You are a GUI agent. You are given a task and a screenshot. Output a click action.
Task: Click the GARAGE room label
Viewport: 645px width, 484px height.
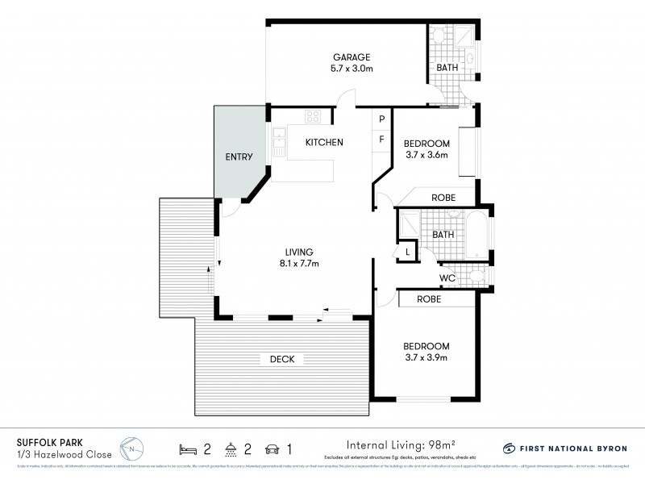click(352, 57)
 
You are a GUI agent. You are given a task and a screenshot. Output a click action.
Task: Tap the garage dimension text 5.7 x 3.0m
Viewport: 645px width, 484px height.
click(352, 69)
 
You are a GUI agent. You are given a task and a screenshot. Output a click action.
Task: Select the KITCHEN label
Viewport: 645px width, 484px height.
click(324, 143)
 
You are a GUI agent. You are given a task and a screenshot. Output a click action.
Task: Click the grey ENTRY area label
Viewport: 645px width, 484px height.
click(239, 157)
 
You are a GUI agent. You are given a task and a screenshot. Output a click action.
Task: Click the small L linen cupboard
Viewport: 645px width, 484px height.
click(408, 252)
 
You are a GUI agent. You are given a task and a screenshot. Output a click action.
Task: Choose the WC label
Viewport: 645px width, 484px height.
click(448, 279)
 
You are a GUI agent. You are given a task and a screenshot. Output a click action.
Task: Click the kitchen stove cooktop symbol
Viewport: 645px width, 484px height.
click(312, 117)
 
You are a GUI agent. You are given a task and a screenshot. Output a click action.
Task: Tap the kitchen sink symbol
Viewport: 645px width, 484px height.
click(280, 143)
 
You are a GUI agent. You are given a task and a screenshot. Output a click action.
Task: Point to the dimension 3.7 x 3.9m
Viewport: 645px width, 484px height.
click(426, 357)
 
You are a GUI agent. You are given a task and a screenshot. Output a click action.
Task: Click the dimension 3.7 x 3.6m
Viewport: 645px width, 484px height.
click(426, 155)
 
